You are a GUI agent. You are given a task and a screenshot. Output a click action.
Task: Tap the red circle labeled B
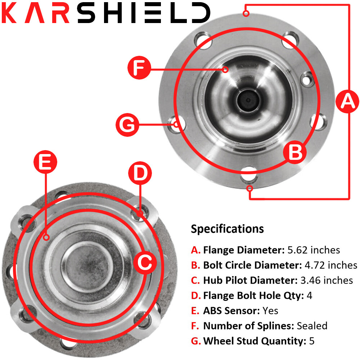296,153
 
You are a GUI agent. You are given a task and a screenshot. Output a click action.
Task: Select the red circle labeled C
145,262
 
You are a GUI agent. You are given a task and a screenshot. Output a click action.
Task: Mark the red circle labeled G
127,125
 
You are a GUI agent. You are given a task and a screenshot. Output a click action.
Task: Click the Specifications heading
227,229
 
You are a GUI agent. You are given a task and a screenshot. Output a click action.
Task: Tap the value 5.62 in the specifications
299,249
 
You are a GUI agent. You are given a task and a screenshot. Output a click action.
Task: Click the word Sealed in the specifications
312,326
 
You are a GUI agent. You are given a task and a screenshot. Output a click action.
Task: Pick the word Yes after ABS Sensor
270,310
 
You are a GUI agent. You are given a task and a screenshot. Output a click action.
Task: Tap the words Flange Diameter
244,249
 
